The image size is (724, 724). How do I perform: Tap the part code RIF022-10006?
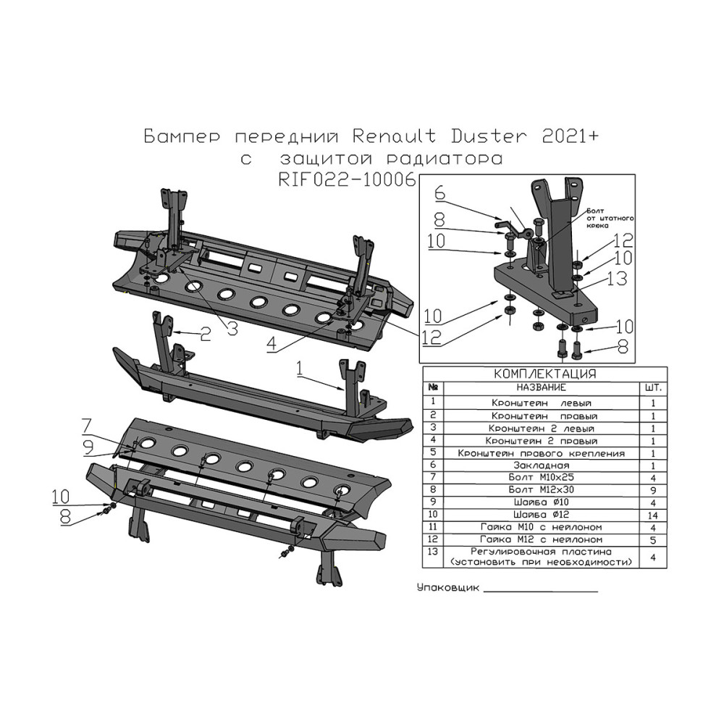point(348,180)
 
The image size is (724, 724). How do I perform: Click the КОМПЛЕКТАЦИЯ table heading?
point(544,374)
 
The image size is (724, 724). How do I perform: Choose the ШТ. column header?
point(652,388)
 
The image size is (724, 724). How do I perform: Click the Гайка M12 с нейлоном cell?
point(542,540)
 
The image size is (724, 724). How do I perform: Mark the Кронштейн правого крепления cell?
point(542,452)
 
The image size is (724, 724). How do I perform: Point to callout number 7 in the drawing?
point(86,424)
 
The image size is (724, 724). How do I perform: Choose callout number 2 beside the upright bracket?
point(205,333)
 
